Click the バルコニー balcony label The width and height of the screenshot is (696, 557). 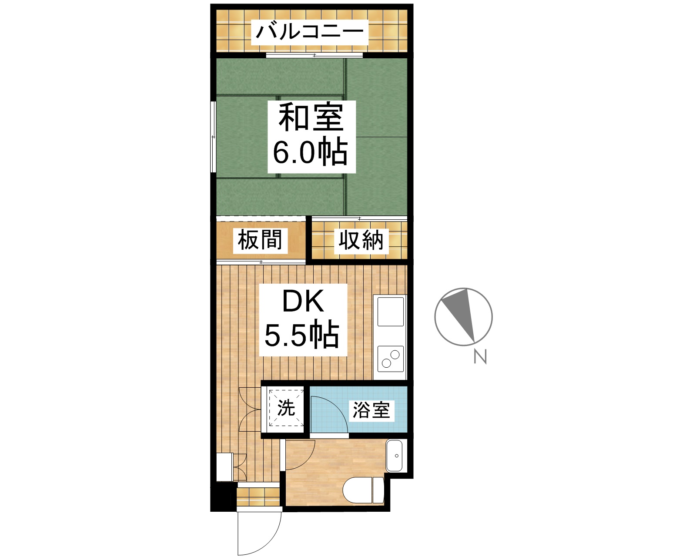click(x=310, y=32)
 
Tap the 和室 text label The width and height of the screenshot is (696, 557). click(x=311, y=117)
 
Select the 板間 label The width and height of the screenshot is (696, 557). click(x=260, y=240)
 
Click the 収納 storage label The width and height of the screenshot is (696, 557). click(x=361, y=240)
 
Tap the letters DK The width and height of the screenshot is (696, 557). click(x=303, y=301)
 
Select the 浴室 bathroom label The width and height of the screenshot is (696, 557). click(x=371, y=410)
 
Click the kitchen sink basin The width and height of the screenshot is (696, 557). click(x=390, y=311)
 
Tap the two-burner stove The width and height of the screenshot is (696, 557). click(x=390, y=359)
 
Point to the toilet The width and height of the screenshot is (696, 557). click(x=364, y=490)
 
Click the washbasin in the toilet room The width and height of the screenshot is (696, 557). click(x=395, y=456)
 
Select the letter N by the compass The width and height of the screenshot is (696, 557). click(x=480, y=357)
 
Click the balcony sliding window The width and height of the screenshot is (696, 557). click(x=315, y=55)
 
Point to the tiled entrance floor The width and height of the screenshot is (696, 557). click(x=258, y=497)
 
